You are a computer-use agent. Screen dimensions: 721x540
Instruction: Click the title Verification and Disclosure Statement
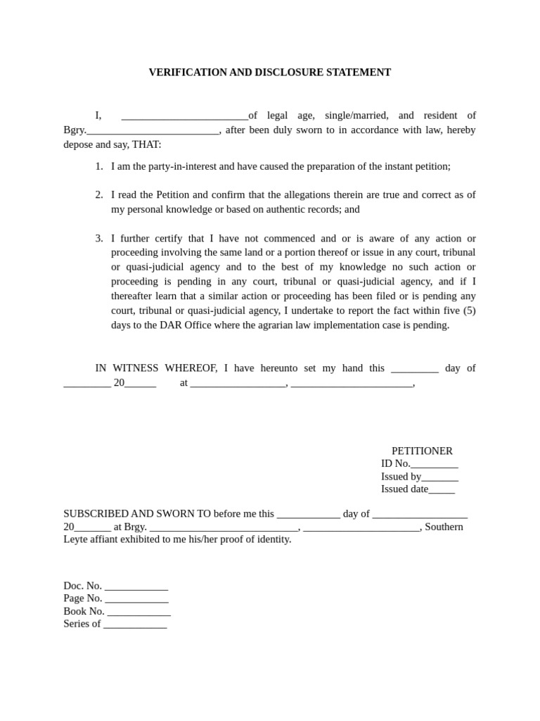[269, 73]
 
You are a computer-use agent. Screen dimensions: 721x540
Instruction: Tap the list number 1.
[99, 167]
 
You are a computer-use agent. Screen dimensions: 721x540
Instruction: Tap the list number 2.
[99, 195]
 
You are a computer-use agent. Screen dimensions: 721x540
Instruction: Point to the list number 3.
[99, 239]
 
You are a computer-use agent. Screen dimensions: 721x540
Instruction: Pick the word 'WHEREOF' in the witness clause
[191, 368]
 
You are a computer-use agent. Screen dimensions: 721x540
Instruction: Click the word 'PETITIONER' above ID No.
[422, 451]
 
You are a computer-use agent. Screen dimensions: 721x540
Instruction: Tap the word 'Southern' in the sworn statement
[444, 527]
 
